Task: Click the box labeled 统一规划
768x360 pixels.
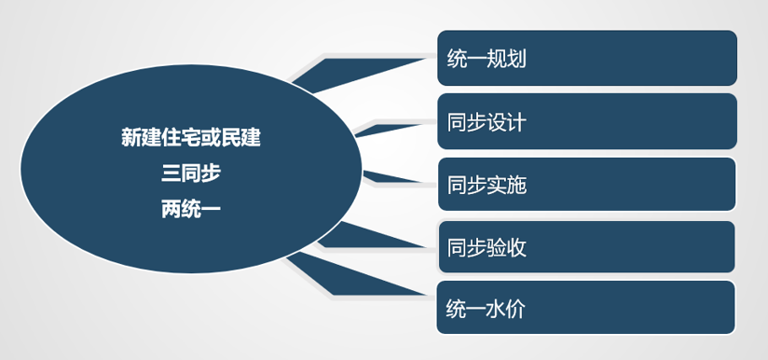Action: pyautogui.click(x=587, y=59)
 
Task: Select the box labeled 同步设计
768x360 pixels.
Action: pyautogui.click(x=587, y=121)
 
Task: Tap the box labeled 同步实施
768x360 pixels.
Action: pyautogui.click(x=587, y=184)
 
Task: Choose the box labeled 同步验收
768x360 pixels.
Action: pyautogui.click(x=587, y=247)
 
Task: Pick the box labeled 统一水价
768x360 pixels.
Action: pyautogui.click(x=587, y=307)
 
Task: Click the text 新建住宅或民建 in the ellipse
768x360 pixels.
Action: pyautogui.click(x=191, y=138)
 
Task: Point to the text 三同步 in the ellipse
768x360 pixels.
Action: pyautogui.click(x=191, y=173)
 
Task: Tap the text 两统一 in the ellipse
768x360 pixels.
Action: pyautogui.click(x=191, y=208)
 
